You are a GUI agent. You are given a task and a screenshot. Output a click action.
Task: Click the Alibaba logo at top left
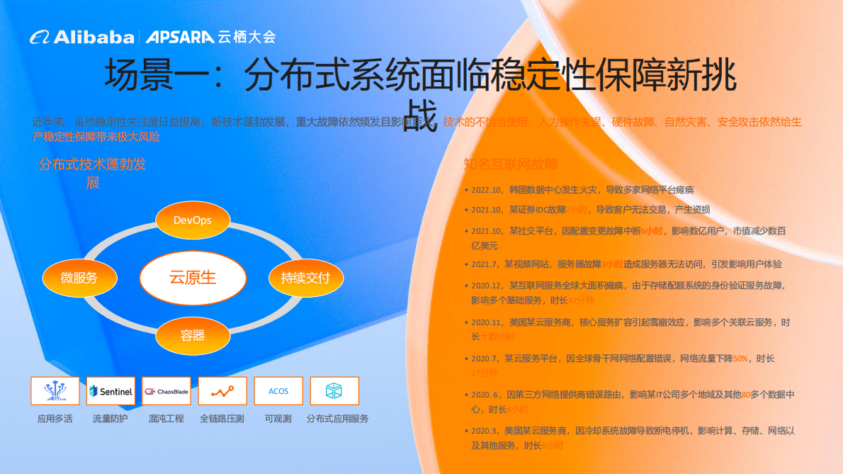click(81, 37)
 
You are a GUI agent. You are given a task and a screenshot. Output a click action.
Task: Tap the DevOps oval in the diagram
click(193, 220)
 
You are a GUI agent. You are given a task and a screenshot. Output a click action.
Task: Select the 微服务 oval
click(79, 278)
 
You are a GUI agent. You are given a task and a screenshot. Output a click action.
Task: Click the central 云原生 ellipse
click(193, 277)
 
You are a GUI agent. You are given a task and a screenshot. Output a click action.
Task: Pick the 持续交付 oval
click(305, 278)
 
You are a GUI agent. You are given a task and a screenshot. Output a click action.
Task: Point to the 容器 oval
click(193, 335)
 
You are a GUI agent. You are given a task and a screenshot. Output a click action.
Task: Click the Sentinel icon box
click(111, 391)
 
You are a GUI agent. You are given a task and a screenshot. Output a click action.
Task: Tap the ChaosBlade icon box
click(166, 391)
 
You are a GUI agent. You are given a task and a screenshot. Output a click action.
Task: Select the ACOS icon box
click(278, 391)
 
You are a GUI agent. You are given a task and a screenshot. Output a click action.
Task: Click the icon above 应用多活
click(55, 391)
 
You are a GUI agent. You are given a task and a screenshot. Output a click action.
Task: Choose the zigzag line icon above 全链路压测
click(222, 391)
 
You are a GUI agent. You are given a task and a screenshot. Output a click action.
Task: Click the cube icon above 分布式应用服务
click(334, 391)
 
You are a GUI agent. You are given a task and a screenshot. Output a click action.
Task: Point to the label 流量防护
click(111, 419)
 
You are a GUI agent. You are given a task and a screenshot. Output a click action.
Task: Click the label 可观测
click(278, 419)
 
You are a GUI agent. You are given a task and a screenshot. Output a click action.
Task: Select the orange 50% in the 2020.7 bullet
click(740, 359)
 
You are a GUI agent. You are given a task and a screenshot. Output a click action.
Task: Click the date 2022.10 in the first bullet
click(486, 190)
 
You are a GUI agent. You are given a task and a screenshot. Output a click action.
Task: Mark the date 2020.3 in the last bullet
click(484, 430)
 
